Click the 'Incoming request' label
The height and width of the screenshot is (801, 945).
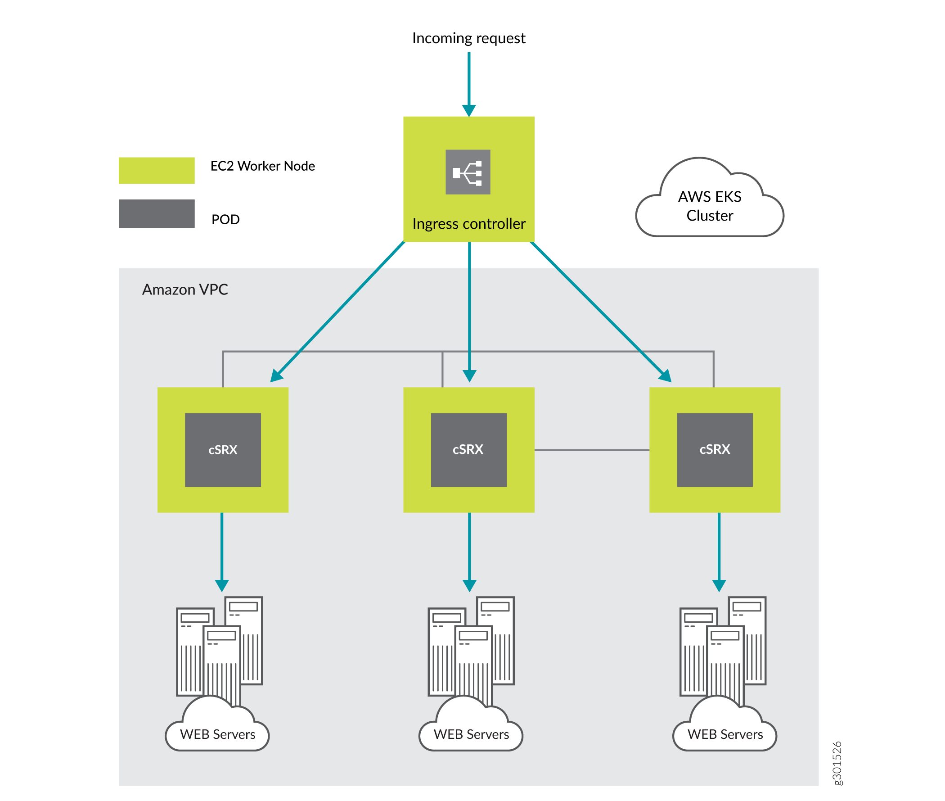[x=468, y=38]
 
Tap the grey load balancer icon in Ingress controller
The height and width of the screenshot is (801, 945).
[x=468, y=172]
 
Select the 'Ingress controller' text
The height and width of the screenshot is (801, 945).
[x=468, y=224]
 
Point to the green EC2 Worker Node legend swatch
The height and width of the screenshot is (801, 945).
[x=157, y=170]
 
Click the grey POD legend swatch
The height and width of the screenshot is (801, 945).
[x=157, y=213]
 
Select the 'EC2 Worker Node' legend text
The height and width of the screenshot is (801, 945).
[x=262, y=166]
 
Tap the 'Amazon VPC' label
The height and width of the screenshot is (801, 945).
[x=185, y=290]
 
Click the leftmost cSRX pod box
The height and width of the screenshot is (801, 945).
[x=222, y=449]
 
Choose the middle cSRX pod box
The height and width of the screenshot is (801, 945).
[x=468, y=449]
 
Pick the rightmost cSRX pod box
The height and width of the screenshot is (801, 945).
[x=715, y=449]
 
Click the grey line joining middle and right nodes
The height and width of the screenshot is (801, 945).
[x=591, y=450]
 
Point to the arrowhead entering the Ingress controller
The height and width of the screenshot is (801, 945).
[x=468, y=110]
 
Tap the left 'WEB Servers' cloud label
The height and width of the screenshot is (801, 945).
[x=217, y=734]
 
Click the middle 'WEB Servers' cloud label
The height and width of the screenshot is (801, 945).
[x=471, y=734]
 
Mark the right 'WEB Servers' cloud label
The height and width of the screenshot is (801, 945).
[x=725, y=734]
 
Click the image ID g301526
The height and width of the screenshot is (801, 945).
[x=837, y=763]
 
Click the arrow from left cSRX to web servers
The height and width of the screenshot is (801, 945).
[x=221, y=549]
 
